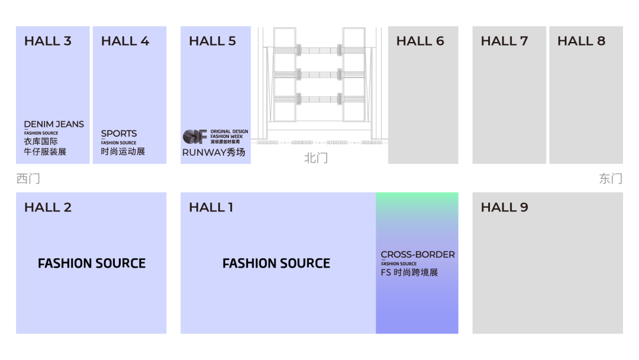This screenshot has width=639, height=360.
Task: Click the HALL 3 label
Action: (48, 41)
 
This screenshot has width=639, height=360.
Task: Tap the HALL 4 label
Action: (125, 41)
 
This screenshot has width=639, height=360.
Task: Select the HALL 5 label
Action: (212, 41)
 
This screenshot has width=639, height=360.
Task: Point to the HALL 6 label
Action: (420, 41)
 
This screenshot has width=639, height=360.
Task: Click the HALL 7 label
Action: (504, 41)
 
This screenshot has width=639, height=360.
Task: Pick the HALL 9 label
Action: (504, 207)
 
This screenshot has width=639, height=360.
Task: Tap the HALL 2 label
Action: (48, 207)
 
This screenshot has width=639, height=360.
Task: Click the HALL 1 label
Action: (211, 207)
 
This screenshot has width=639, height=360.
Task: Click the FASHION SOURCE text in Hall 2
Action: (92, 263)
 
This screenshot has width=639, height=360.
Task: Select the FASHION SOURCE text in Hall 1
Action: (276, 263)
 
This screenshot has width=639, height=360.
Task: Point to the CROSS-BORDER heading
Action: (418, 255)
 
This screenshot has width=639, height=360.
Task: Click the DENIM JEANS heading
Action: (54, 124)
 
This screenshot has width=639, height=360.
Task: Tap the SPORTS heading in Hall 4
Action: (119, 134)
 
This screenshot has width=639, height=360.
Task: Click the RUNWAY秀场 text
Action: (214, 152)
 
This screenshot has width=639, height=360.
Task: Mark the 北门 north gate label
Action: (316, 158)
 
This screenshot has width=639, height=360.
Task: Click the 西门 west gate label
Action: (28, 178)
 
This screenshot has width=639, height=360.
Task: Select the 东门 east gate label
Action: (611, 178)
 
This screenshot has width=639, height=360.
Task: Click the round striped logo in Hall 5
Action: (195, 136)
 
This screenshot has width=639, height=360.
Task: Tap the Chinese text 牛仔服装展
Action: (45, 152)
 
